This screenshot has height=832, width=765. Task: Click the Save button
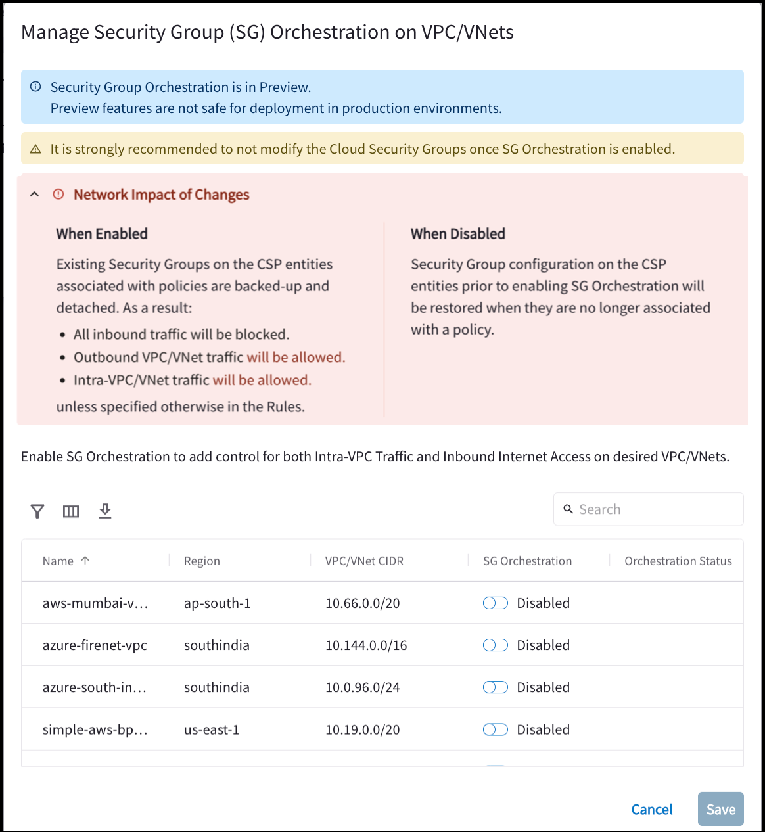click(x=720, y=809)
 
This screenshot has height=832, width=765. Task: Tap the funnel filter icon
click(x=37, y=511)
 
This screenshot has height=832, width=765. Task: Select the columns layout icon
click(x=71, y=511)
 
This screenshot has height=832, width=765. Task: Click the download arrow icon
click(x=105, y=511)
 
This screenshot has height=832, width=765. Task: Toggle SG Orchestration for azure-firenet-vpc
click(x=496, y=645)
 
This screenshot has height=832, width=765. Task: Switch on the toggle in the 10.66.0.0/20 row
click(x=496, y=603)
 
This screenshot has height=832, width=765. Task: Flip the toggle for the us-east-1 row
click(x=496, y=729)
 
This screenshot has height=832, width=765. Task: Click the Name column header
click(x=58, y=561)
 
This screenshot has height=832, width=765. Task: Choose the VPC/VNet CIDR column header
click(x=364, y=561)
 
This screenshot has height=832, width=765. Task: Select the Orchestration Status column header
click(x=678, y=561)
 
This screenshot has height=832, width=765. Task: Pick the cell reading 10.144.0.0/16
click(x=366, y=645)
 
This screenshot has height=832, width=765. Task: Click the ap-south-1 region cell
click(x=218, y=603)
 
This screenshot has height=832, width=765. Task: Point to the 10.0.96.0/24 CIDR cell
click(x=363, y=687)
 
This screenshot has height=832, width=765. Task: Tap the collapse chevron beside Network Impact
click(x=35, y=195)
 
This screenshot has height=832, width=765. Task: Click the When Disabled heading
click(x=458, y=234)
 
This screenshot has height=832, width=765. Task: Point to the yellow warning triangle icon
click(x=36, y=150)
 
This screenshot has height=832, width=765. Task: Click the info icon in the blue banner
click(x=36, y=87)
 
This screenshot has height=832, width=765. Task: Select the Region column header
click(x=202, y=561)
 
